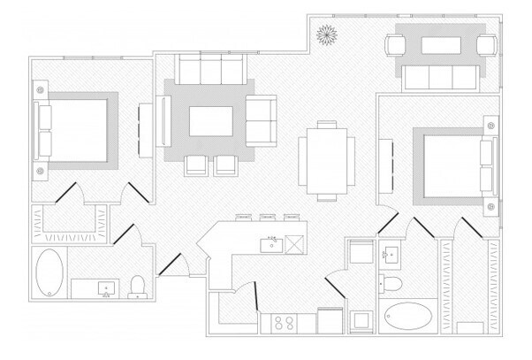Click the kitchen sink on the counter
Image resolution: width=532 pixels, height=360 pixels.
[272, 243]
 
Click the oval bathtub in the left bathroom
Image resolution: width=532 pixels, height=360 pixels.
[49, 274]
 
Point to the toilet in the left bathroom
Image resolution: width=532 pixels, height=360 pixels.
[137, 285]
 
